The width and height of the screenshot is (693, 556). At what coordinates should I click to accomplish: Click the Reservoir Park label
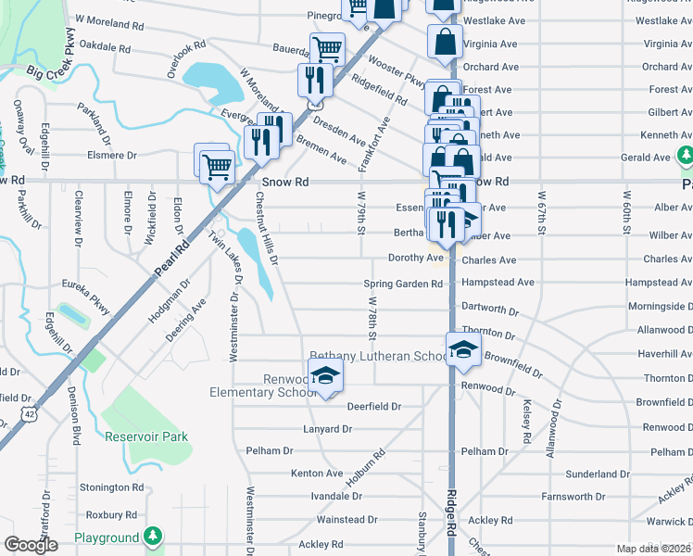click(146, 436)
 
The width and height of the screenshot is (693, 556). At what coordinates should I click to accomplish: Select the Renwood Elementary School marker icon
click(325, 375)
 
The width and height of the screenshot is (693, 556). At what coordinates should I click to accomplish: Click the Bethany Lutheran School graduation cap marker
click(464, 348)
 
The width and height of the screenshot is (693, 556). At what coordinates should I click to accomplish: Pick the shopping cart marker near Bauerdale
click(327, 48)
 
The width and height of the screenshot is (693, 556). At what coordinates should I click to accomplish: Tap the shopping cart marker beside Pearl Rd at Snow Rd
click(215, 165)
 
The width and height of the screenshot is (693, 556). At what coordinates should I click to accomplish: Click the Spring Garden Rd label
click(403, 284)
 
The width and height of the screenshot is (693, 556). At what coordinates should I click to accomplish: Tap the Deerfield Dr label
click(373, 406)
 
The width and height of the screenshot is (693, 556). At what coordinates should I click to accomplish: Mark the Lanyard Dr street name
click(328, 429)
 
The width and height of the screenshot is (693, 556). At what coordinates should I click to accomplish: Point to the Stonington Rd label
click(112, 486)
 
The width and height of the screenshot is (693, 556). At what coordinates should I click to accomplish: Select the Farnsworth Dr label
click(598, 497)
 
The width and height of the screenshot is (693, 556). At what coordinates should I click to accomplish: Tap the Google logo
click(30, 545)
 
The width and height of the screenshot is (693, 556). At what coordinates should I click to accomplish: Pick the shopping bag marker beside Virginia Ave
click(446, 41)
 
